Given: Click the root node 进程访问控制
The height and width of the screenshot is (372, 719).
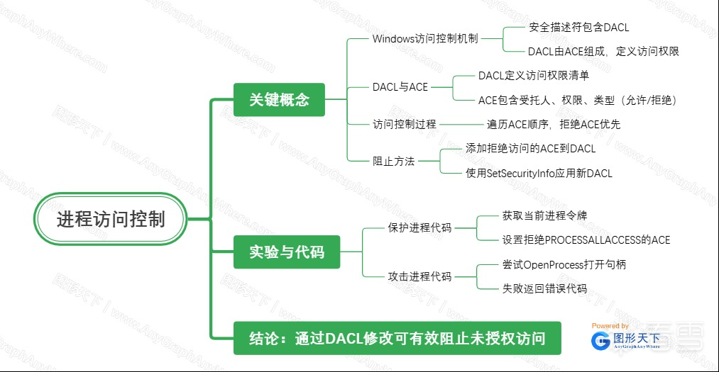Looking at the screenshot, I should tap(111, 219).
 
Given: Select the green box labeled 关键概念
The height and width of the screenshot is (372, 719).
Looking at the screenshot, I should tap(279, 100).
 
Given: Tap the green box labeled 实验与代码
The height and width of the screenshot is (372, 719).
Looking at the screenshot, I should tap(287, 252).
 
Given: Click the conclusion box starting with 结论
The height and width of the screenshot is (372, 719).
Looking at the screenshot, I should tap(397, 338).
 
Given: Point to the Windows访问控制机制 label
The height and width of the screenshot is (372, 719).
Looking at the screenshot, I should tap(424, 38).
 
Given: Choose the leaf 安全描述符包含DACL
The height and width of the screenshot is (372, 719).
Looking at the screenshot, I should tap(578, 28).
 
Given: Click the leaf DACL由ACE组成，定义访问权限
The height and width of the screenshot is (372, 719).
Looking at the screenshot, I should tap(603, 51).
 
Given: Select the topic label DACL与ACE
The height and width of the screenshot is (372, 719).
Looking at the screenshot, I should tap(400, 87).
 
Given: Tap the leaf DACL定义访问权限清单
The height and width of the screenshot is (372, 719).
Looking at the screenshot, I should tap(533, 75).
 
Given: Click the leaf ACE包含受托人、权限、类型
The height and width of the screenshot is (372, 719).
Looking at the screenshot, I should tap(577, 100).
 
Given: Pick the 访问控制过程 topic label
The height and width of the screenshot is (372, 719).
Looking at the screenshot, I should tap(405, 124).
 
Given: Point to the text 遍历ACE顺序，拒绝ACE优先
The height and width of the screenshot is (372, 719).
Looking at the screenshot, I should tap(554, 124).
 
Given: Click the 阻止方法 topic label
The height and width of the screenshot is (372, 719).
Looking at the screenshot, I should tap(394, 161).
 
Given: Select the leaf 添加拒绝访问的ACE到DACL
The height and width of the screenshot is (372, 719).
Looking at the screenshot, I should tap(530, 149).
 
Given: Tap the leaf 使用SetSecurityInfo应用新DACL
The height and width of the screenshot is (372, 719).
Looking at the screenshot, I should tap(538, 173).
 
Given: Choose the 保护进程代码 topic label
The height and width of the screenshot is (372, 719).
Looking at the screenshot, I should tap(419, 227).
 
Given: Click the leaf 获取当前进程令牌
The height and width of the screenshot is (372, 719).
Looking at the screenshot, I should tap(544, 215).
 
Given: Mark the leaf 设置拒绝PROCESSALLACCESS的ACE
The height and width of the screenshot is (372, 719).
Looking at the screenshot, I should tap(586, 239).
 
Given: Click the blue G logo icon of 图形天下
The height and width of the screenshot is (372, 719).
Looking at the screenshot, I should tap(600, 341).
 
